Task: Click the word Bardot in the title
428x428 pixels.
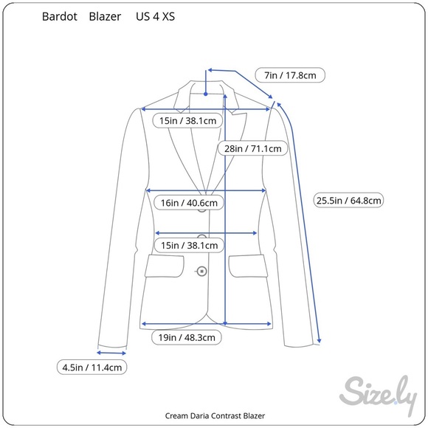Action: coord(60,17)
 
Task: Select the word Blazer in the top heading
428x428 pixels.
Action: coord(105,17)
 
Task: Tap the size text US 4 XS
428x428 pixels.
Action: coord(155,17)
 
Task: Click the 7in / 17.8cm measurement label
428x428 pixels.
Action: coord(290,75)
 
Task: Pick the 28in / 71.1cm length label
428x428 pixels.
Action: coord(253,148)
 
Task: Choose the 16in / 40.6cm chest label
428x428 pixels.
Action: coord(189,203)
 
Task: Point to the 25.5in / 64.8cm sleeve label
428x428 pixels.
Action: coord(348,201)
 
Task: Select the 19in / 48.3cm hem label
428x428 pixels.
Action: coord(187,337)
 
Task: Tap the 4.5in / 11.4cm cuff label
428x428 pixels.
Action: coord(92,367)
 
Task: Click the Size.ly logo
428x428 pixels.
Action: coord(379,396)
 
